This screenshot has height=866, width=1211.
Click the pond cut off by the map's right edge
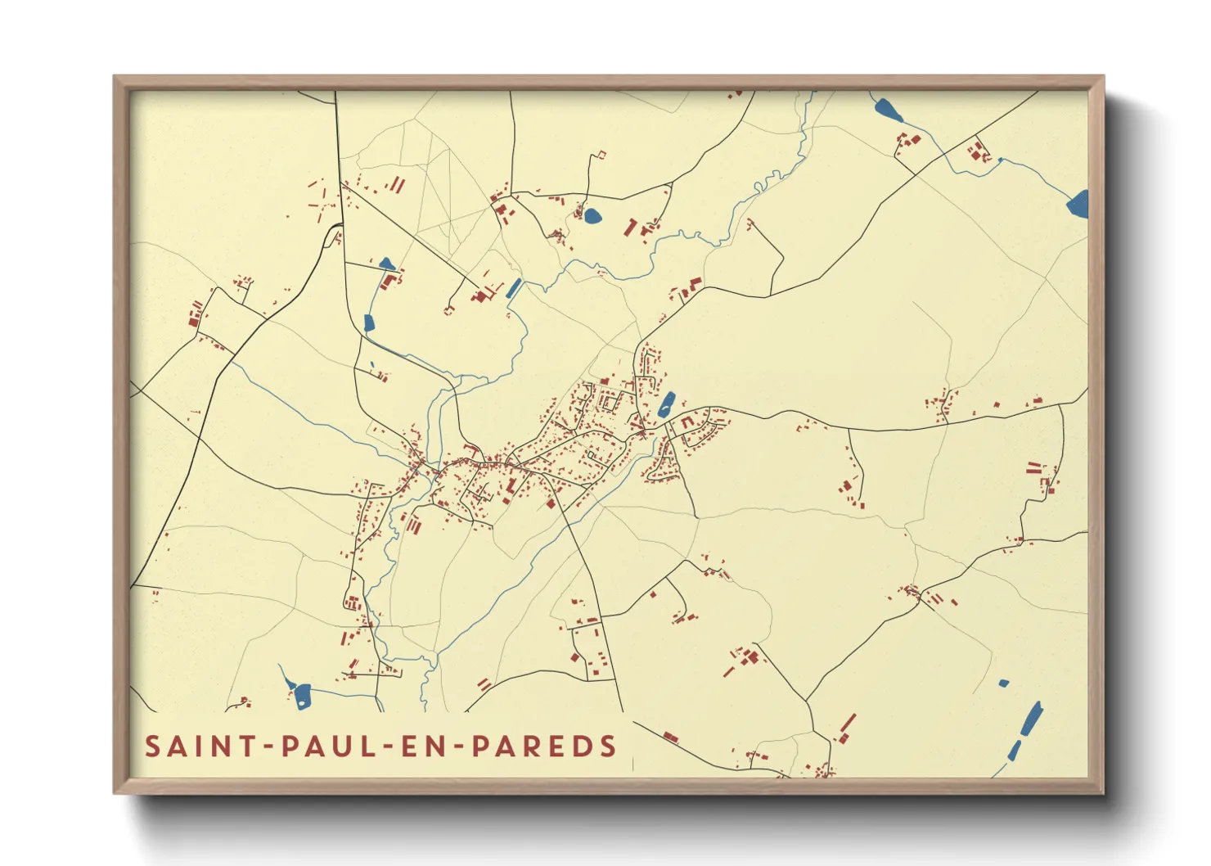[x=1078, y=203]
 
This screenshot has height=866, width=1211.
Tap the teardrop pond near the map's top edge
[x=886, y=110]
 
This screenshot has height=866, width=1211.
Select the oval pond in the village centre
[x=667, y=404]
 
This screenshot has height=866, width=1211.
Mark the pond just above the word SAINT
[x=302, y=695]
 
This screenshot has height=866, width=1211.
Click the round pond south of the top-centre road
[x=592, y=216]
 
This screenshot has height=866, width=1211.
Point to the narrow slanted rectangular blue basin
[x=514, y=288]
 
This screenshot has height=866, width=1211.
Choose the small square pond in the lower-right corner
[x=1003, y=683]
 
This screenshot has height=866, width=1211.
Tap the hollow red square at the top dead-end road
[x=601, y=154]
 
